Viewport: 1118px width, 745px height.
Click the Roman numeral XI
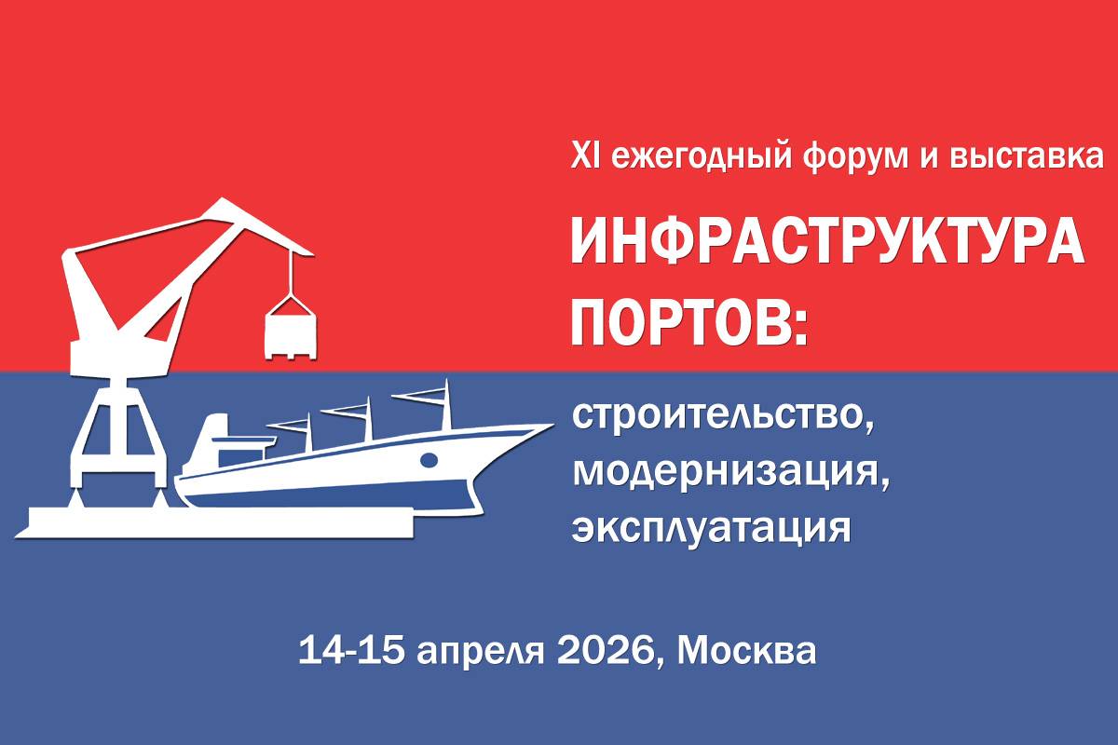coord(585,156)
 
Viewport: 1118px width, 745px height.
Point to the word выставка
coord(1026,156)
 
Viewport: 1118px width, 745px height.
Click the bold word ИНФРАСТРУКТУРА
coord(827,241)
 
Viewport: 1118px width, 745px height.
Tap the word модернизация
coord(730,471)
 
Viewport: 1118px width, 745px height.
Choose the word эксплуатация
coord(711,528)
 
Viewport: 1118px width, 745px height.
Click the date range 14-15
coord(351,650)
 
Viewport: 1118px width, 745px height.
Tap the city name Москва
coord(746,650)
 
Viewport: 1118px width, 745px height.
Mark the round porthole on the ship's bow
coord(429,460)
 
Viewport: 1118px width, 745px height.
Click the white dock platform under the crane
coord(214,522)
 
